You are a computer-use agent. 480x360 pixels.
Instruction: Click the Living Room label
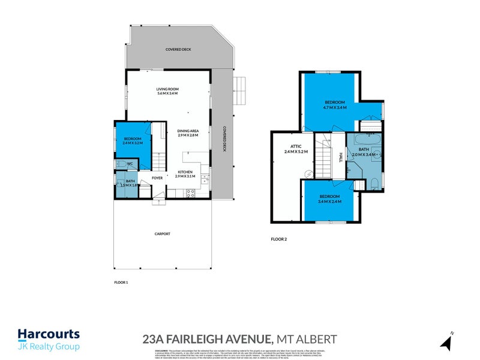(168, 89)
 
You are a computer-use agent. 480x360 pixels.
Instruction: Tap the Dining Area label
(188, 132)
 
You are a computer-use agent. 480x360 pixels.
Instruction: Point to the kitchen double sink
(205, 179)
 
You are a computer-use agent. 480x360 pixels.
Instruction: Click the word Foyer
(158, 178)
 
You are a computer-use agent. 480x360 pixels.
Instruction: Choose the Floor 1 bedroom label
(132, 139)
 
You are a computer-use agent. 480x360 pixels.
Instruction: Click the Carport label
(163, 234)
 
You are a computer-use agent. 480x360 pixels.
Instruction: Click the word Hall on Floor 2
(340, 157)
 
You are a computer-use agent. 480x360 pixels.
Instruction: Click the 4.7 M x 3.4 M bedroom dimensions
(334, 108)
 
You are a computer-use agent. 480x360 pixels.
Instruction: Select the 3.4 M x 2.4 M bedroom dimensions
(329, 202)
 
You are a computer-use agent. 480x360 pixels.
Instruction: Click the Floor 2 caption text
(279, 239)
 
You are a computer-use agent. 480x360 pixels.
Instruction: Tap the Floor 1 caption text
(121, 281)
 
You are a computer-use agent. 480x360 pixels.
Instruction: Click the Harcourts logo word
(48, 334)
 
